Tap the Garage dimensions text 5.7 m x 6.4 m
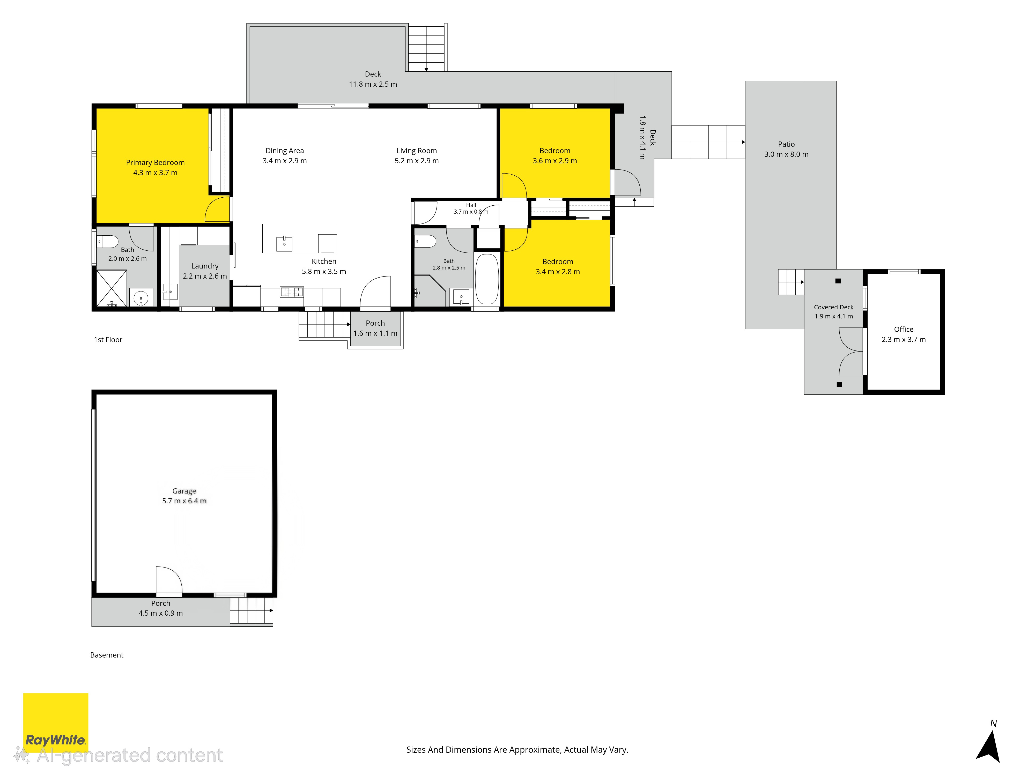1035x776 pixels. coord(184,501)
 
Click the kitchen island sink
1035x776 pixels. coord(284,244)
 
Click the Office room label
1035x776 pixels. coord(904,329)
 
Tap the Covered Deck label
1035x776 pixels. coord(833,307)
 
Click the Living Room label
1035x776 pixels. coord(416,151)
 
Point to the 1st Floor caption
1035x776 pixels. coord(108,340)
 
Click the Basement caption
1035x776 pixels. coord(107,655)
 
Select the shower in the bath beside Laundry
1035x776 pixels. coord(111,288)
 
